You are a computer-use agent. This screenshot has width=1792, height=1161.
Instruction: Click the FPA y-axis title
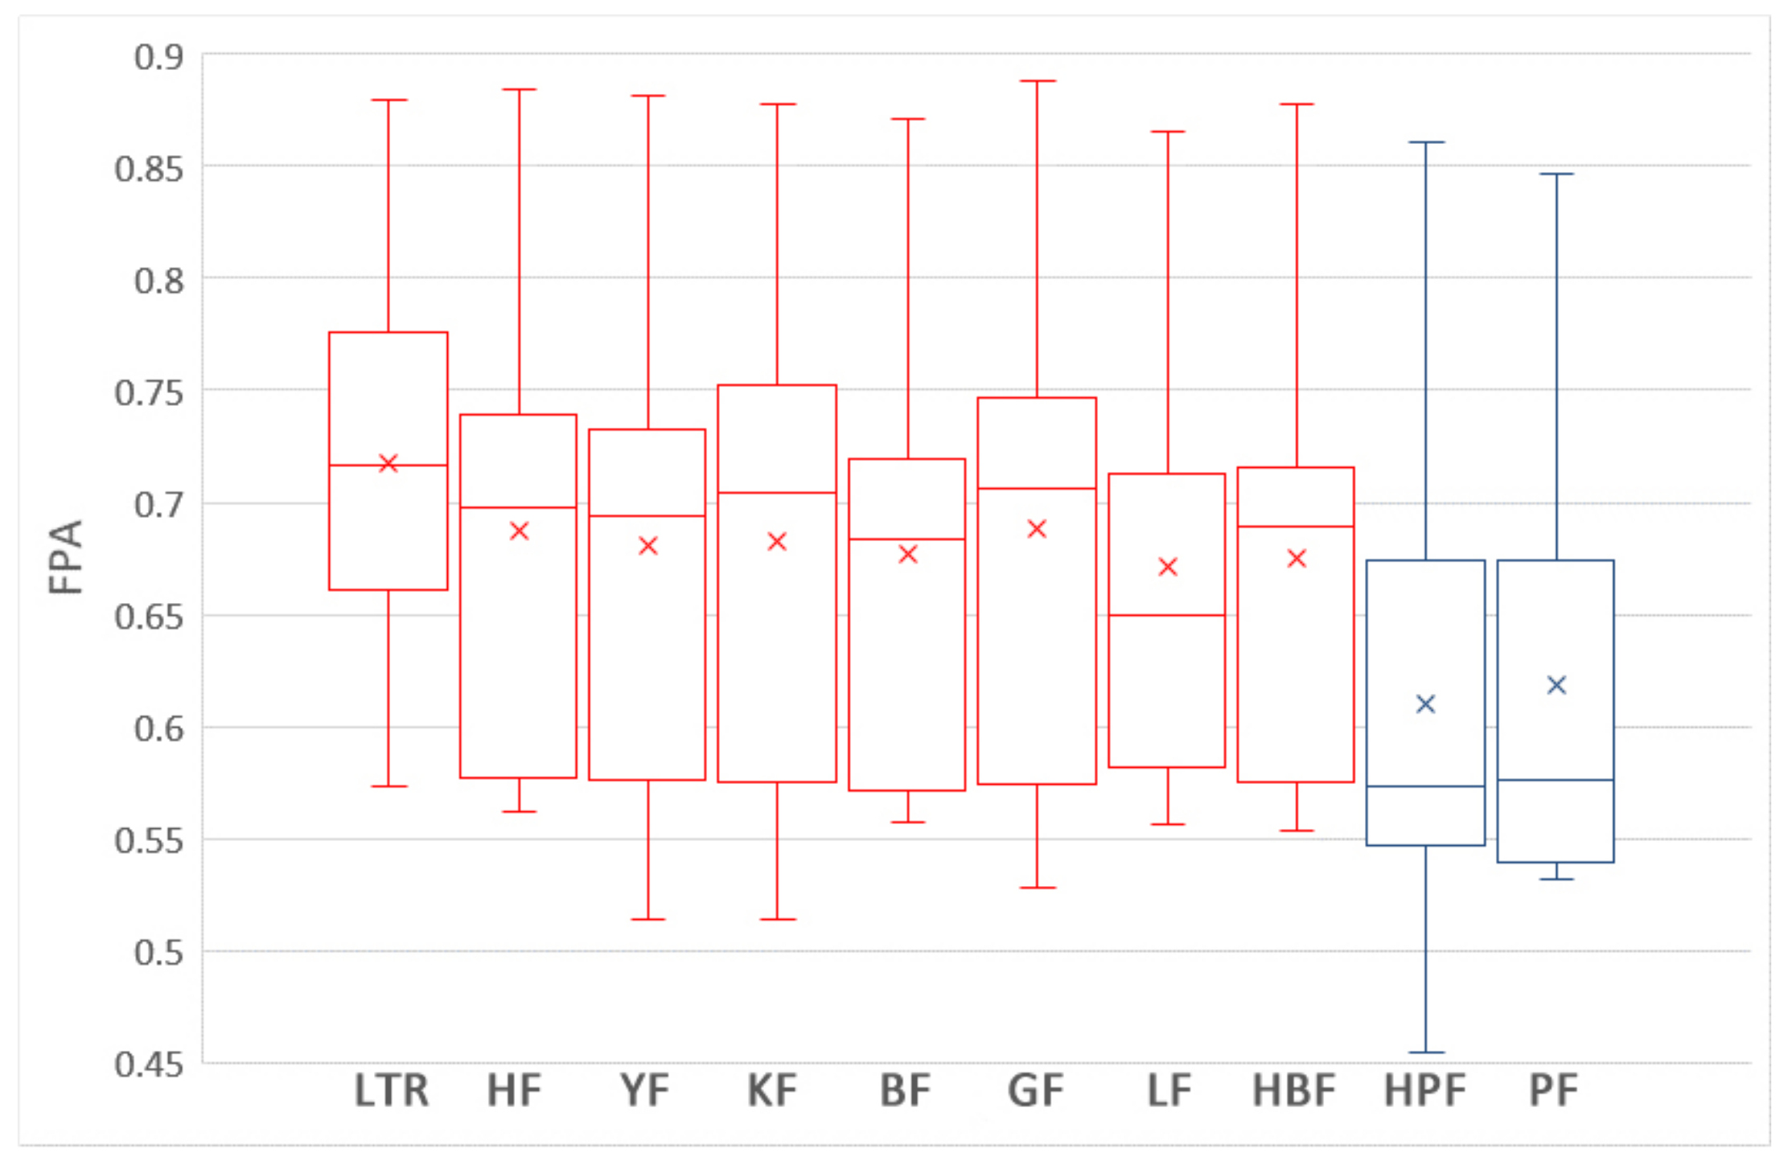pos(66,557)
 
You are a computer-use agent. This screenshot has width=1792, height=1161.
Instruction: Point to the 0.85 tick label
pos(149,170)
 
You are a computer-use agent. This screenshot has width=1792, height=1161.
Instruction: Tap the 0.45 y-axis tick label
pos(149,1065)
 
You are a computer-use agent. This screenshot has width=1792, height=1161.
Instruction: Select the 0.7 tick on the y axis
pos(158,505)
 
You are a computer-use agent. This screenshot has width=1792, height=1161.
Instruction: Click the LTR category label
pos(392,1091)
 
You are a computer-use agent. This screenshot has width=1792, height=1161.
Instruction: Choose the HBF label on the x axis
pos(1293,1091)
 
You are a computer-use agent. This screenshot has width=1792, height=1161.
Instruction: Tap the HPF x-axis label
pos(1424,1091)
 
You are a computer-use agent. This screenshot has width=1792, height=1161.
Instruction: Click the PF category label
pos(1553,1091)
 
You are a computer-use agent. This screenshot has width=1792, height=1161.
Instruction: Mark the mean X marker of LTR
pos(388,463)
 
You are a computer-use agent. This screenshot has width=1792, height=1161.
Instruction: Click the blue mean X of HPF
pos(1425,704)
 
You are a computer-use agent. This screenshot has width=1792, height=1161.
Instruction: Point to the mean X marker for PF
pos(1556,685)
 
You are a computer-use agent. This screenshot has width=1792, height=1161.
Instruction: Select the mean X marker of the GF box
pos(1037,529)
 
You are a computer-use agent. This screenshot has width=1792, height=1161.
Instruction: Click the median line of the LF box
pos(1167,615)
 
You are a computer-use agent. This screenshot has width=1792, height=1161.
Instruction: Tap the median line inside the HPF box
pos(1425,786)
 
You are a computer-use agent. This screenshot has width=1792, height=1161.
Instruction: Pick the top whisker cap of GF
pos(1037,81)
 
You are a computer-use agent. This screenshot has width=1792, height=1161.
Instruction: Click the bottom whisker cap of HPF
pos(1425,1052)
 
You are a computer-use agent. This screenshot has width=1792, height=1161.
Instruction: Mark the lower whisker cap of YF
pos(647,919)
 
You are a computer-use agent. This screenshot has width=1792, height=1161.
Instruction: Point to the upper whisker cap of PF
pos(1556,174)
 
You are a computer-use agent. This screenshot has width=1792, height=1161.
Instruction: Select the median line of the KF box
pos(777,492)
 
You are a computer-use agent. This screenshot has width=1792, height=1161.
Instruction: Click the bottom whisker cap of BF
pos(907,822)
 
